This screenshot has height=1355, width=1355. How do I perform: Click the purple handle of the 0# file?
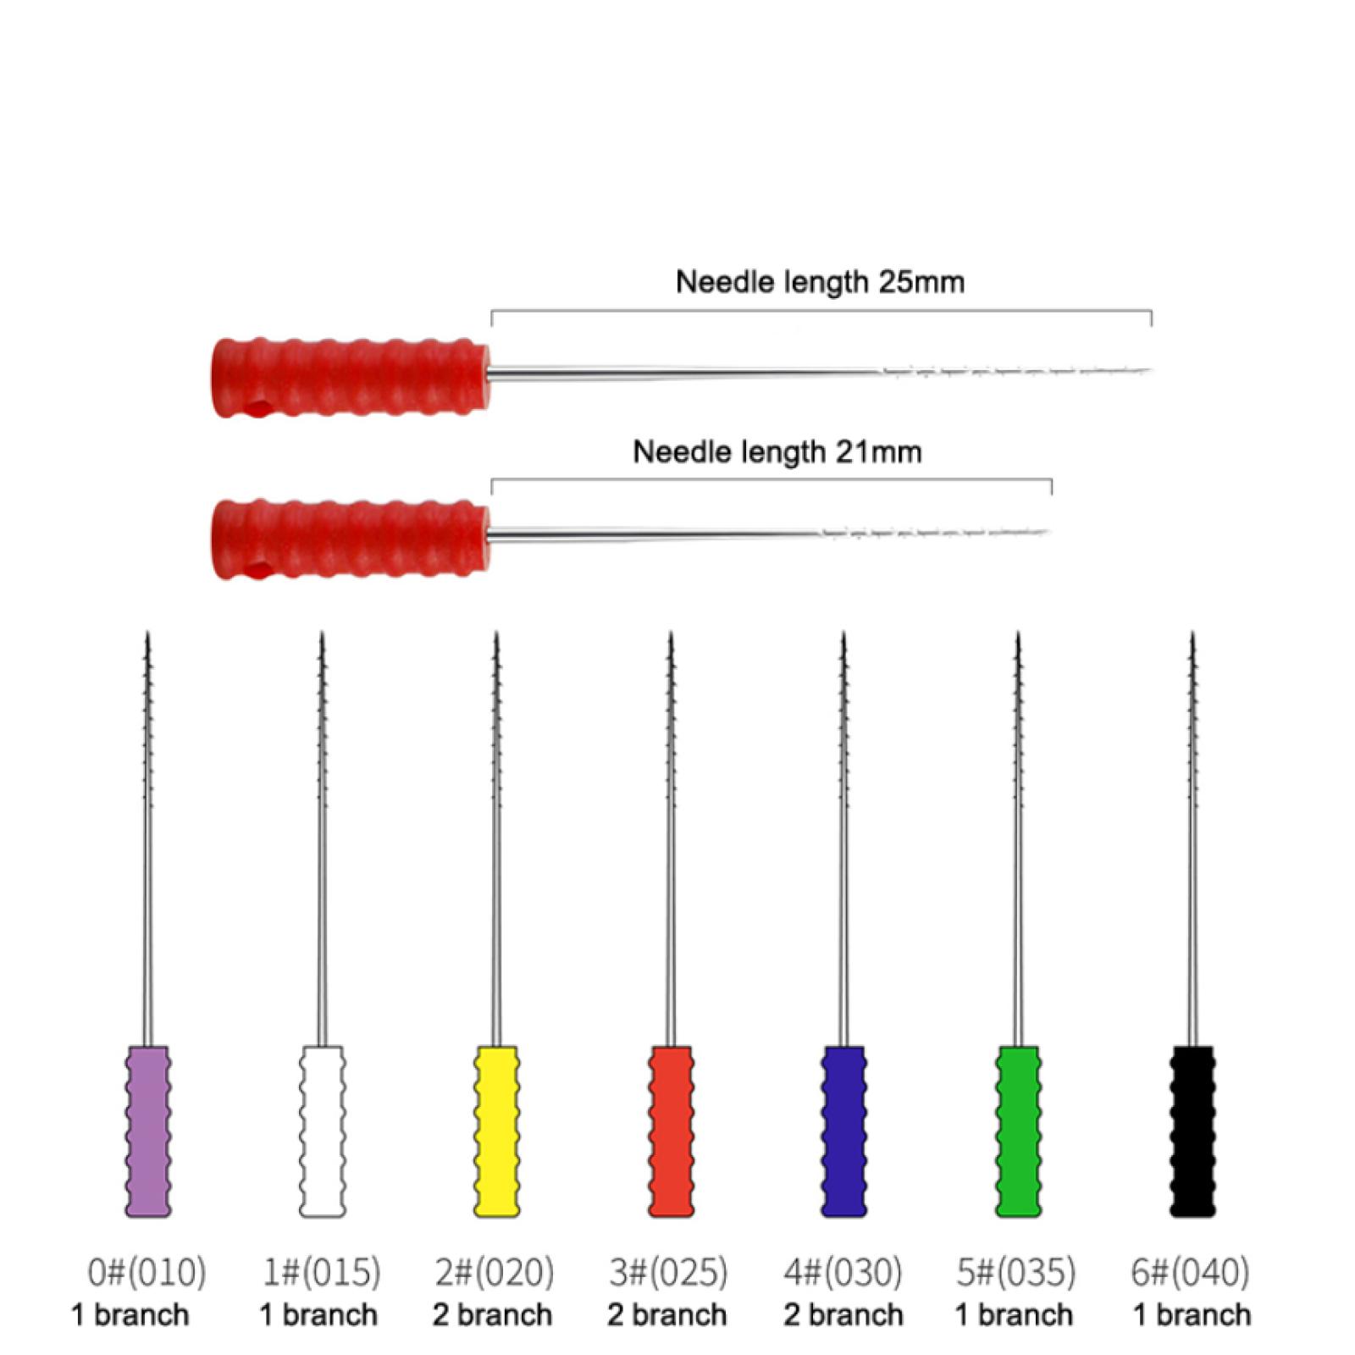148,1131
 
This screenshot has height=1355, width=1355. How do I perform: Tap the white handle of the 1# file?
323,1131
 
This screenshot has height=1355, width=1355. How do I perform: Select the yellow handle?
496,1131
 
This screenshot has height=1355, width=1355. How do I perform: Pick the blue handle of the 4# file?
844,1131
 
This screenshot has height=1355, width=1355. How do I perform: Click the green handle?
1018,1131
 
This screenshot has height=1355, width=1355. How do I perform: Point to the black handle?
1192,1131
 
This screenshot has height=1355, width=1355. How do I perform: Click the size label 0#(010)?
147,1272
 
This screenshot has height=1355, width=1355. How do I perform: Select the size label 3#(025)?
668,1272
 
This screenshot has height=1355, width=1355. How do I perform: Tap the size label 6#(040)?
1190,1272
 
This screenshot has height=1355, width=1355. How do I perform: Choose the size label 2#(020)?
495,1272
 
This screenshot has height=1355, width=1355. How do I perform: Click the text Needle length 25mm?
820,282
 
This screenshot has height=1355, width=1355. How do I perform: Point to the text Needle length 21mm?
777,452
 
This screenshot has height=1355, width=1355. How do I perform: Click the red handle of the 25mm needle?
351,378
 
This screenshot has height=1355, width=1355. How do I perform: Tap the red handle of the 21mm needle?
351,539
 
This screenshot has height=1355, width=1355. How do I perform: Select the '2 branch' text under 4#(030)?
843,1315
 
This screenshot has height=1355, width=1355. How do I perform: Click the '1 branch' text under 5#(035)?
1014,1315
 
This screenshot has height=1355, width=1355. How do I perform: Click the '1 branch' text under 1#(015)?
318,1315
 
